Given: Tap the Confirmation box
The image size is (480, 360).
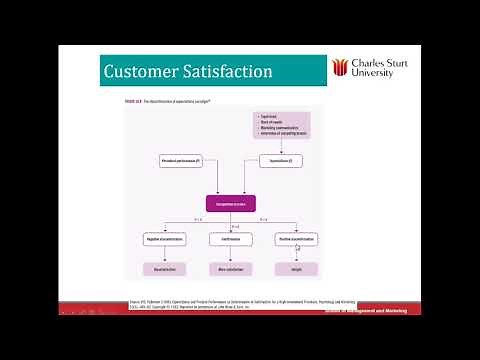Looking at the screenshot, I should (x=231, y=240).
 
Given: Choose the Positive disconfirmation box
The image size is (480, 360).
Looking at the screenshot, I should (x=296, y=240).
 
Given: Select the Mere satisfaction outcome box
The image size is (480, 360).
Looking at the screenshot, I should (x=231, y=269).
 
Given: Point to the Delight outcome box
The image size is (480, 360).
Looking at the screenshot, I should (x=296, y=269).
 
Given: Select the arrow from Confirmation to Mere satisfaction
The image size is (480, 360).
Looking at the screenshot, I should (x=231, y=254).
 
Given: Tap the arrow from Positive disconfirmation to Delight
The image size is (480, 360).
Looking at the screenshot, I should (x=296, y=254).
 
